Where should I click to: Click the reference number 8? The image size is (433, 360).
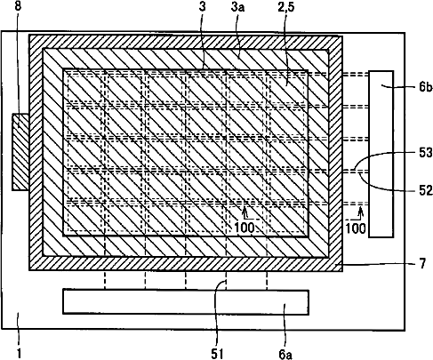tap(18, 6)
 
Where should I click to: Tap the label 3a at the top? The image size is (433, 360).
tap(237, 7)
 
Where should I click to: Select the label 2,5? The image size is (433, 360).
tap(286, 6)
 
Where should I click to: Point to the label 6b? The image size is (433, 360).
tap(426, 87)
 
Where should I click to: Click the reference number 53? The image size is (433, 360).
tap(426, 153)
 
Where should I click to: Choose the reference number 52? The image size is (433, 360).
tap(426, 190)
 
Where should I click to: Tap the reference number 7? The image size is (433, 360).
tap(422, 263)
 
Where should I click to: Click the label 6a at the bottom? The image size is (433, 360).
tap(285, 354)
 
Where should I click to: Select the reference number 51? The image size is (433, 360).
tap(217, 354)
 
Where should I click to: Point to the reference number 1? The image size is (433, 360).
tap(19, 354)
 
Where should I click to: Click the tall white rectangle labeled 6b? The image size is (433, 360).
tap(381, 154)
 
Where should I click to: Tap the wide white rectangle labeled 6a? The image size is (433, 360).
tap(186, 301)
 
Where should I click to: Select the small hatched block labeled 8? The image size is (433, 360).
tap(20, 152)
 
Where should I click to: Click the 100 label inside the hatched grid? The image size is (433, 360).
tap(245, 228)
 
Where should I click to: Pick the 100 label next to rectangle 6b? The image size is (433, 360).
tap(356, 228)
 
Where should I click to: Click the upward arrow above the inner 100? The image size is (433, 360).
tap(245, 212)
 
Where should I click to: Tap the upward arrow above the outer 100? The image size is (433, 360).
tap(360, 213)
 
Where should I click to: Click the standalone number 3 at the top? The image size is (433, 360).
tap(202, 6)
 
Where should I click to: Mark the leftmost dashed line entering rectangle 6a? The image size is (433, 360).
tap(105, 280)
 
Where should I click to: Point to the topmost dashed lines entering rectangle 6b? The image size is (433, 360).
tap(356, 75)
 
